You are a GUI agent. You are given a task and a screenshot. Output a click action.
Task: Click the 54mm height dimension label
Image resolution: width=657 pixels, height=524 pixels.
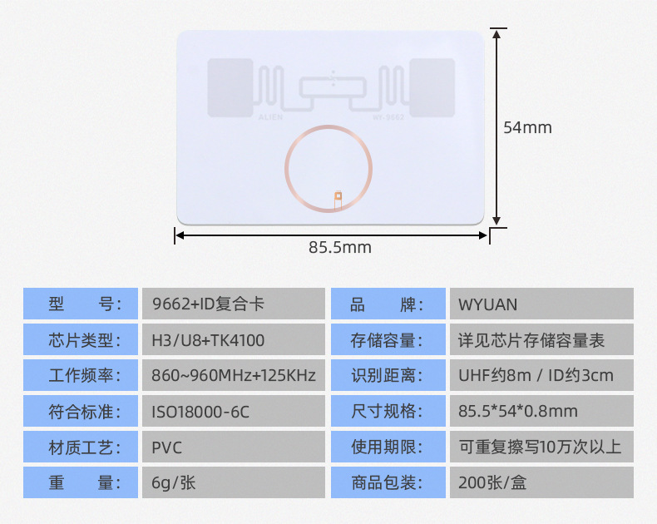(527, 127)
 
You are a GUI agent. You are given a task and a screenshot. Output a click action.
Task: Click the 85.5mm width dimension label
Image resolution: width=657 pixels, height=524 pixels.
(339, 247)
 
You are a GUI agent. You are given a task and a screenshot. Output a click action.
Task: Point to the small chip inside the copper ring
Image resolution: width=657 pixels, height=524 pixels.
(337, 198)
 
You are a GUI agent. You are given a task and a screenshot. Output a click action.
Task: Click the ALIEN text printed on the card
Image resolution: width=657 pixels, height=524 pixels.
(271, 118)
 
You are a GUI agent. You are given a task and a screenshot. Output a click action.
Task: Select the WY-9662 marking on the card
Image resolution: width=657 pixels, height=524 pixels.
(388, 118)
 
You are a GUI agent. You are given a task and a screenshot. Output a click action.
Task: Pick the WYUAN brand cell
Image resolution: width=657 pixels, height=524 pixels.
(541, 304)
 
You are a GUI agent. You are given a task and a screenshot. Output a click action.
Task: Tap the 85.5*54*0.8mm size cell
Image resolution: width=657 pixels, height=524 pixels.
(541, 412)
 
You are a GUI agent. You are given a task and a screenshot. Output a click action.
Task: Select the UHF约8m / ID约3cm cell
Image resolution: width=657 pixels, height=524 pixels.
(541, 376)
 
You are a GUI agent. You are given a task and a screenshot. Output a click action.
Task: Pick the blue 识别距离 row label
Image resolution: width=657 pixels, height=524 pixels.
(388, 376)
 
